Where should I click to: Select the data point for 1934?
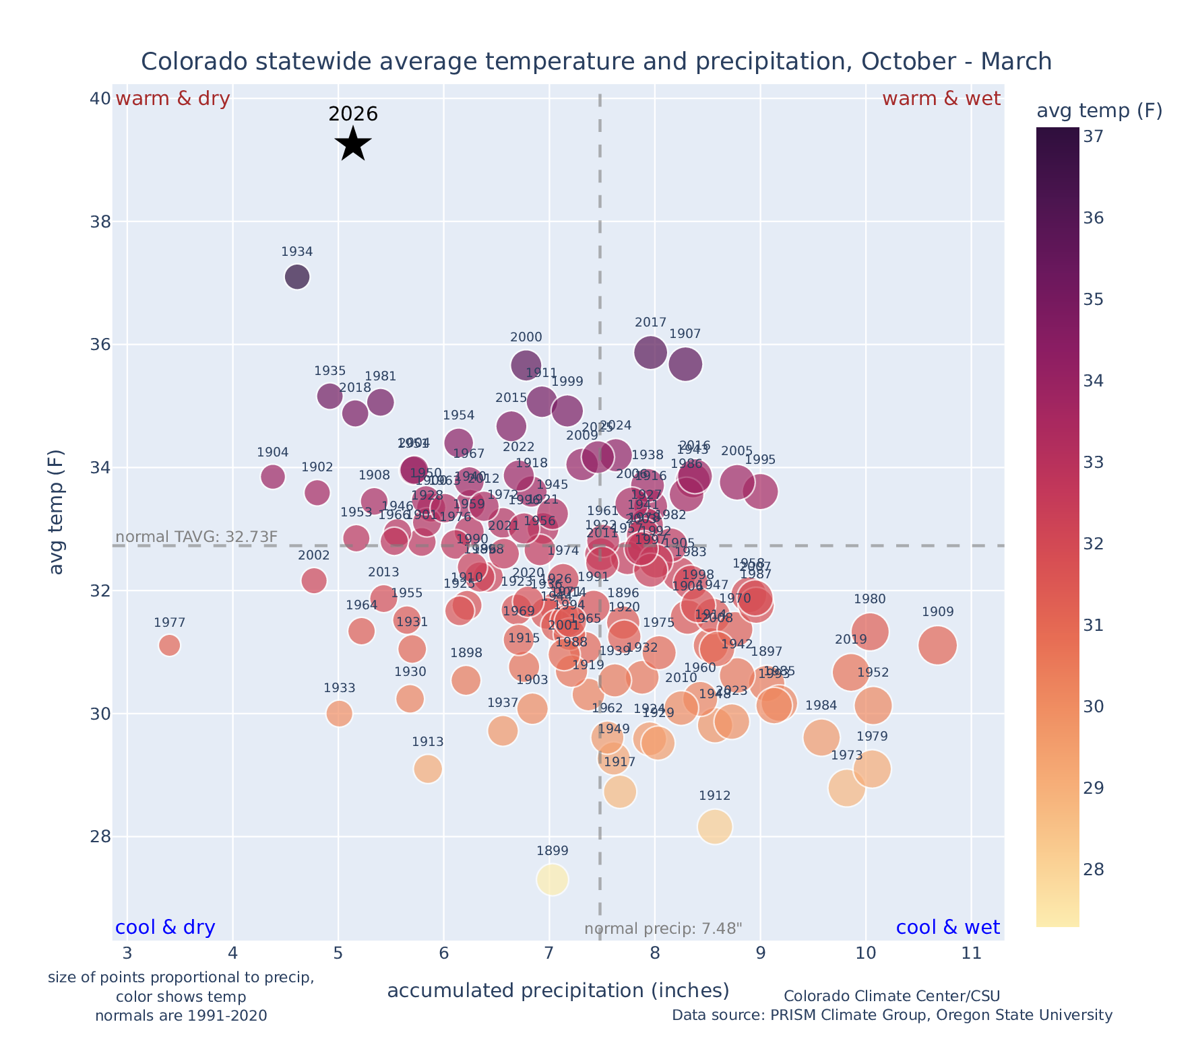point(297,276)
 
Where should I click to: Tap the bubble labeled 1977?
point(170,645)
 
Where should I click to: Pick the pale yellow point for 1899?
point(553,879)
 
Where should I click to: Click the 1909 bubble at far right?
point(937,645)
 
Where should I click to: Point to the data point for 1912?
point(715,826)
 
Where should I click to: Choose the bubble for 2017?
point(650,351)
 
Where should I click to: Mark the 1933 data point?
point(339,713)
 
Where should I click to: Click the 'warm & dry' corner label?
point(173,99)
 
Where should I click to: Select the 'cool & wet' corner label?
point(947,928)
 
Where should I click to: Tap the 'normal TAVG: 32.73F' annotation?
point(197,537)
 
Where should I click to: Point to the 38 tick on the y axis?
point(100,222)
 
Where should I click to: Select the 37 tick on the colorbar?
point(1092,137)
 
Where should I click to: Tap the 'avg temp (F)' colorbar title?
point(1099,111)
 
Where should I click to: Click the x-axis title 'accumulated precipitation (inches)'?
point(558,990)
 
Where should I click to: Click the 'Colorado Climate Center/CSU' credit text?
point(891,996)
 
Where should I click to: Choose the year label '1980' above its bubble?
point(869,599)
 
